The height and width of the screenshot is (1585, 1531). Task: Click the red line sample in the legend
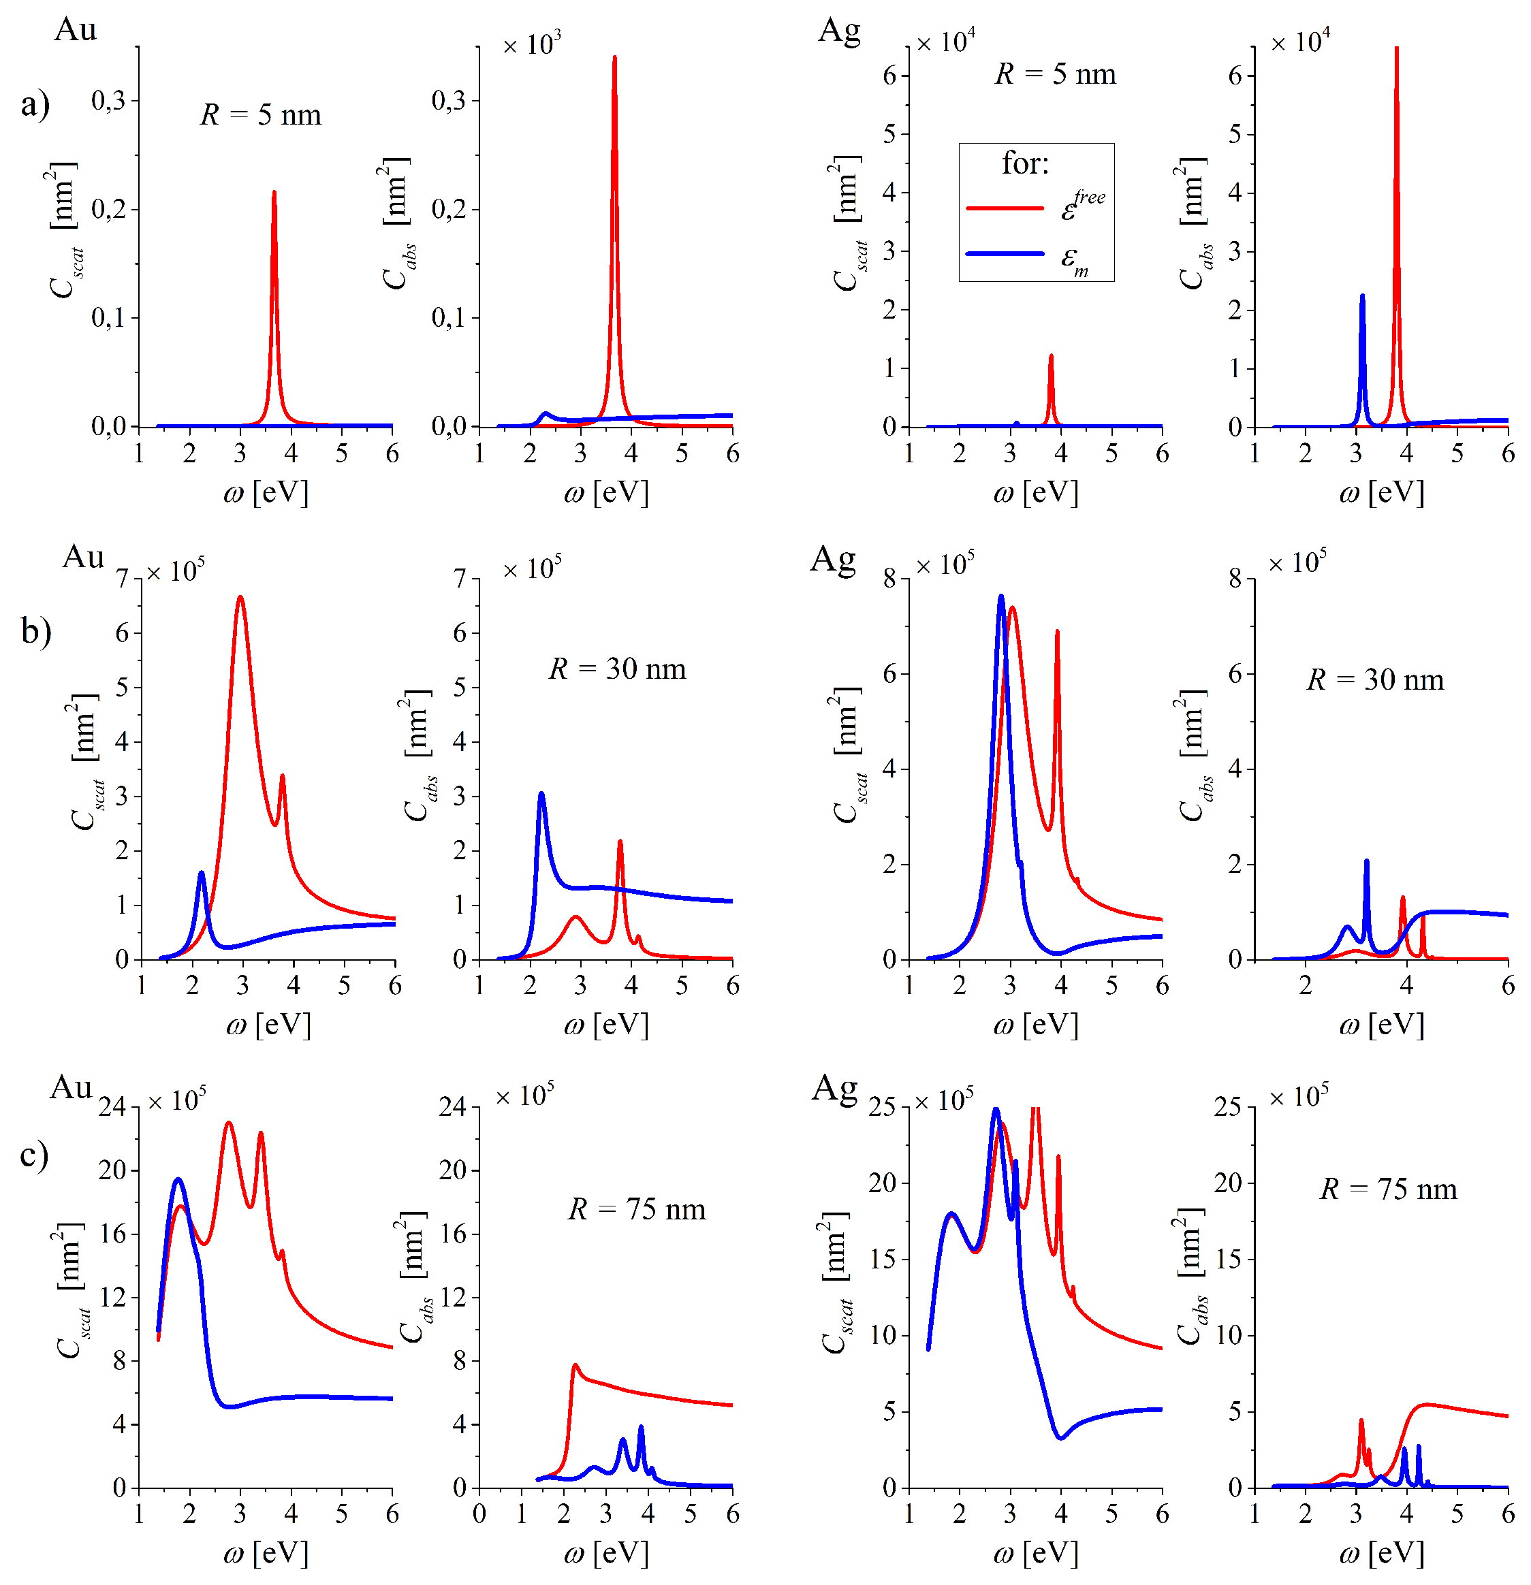[1005, 208]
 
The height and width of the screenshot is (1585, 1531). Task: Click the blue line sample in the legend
[1005, 254]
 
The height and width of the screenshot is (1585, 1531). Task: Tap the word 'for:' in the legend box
[1025, 163]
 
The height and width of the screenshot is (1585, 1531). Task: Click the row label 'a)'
[35, 104]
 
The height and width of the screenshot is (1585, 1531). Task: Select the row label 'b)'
[35, 632]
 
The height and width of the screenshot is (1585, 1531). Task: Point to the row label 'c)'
[34, 1155]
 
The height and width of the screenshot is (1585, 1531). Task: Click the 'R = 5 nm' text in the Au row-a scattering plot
[260, 115]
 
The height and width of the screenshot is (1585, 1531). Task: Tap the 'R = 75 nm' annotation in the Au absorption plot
[637, 1209]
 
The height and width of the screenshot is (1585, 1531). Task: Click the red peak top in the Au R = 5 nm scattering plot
[274, 193]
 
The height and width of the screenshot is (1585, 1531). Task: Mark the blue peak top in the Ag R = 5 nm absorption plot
[1362, 297]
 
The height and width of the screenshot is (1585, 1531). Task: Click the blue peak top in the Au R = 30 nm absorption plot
[541, 794]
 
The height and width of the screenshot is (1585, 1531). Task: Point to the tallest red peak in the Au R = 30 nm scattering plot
[240, 598]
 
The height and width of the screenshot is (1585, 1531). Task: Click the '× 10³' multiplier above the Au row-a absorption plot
[531, 44]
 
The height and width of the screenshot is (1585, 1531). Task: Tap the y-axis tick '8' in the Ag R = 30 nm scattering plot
[889, 578]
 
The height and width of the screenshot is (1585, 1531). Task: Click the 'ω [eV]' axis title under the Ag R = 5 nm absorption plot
[1381, 492]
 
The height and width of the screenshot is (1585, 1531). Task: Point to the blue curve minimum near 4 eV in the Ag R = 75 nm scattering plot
[1061, 1438]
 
